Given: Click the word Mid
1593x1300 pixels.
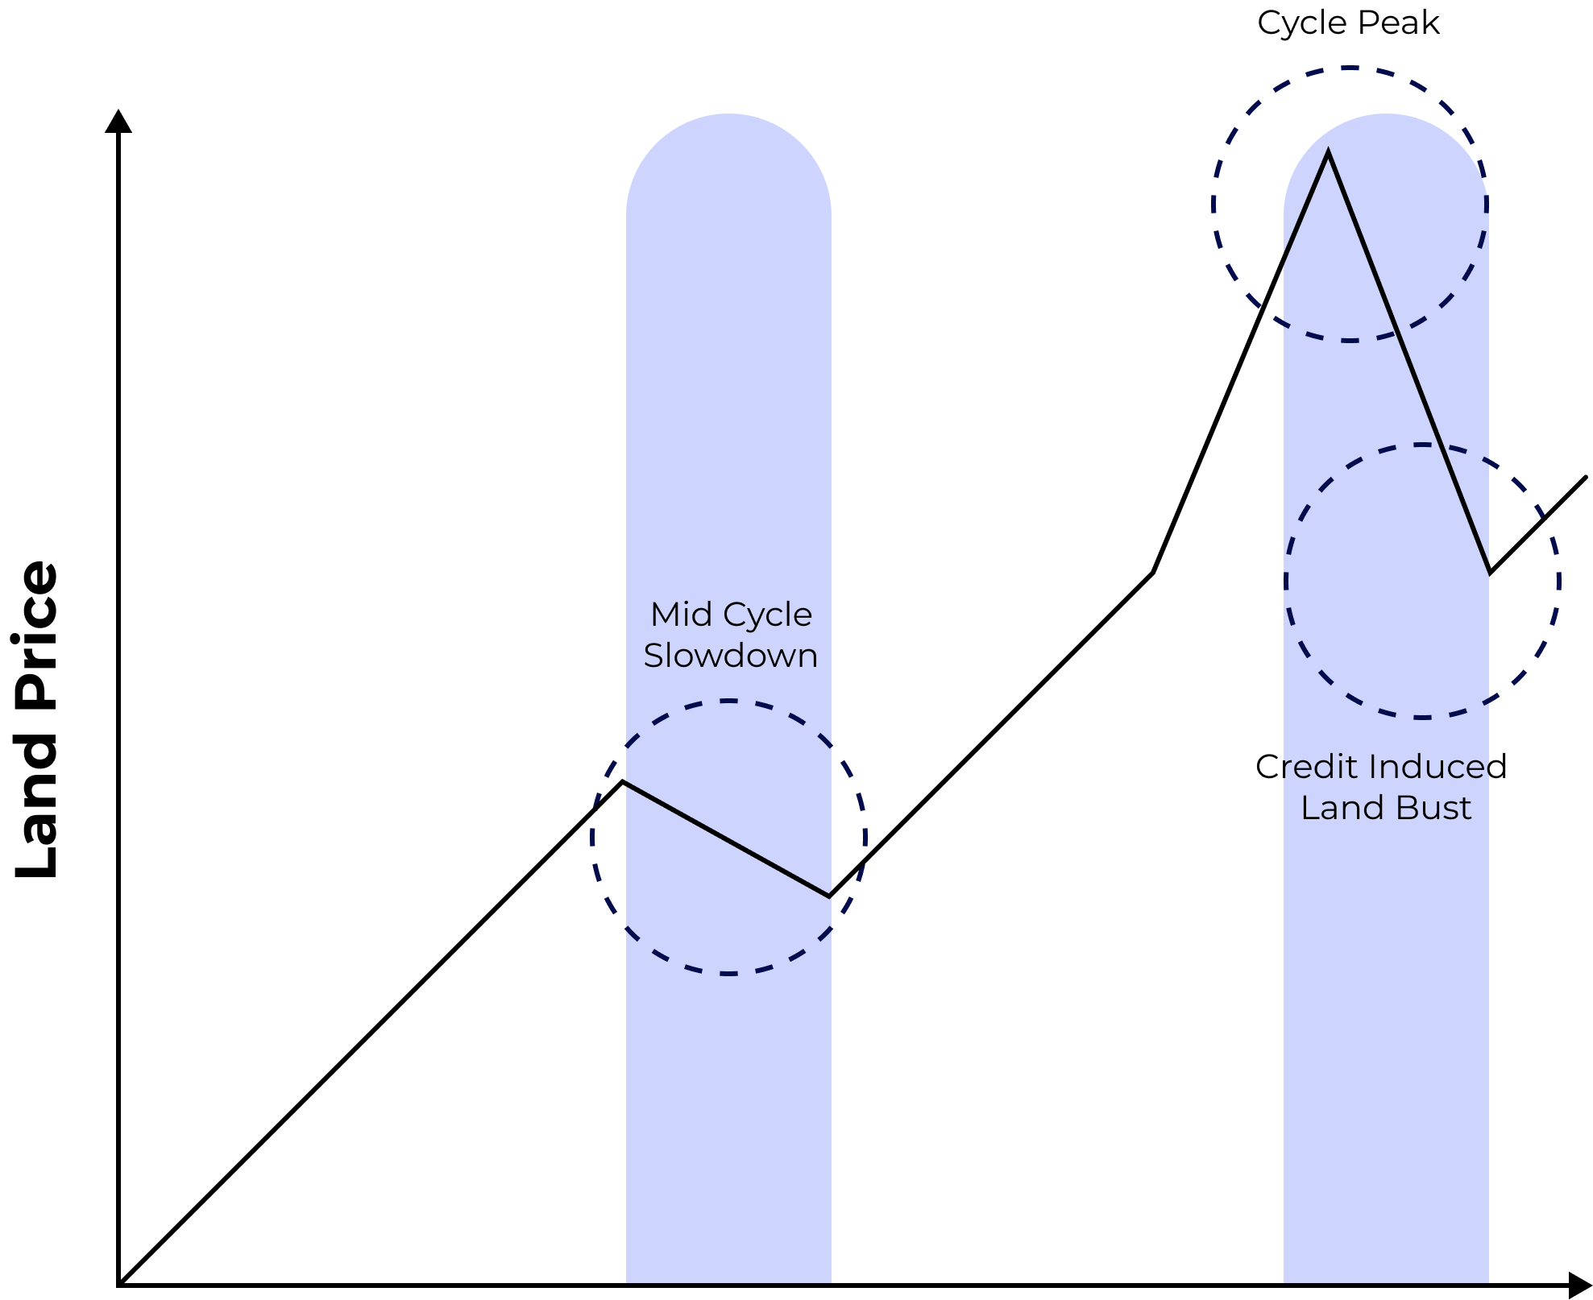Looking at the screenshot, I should (x=676, y=615).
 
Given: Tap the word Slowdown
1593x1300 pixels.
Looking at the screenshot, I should (x=730, y=656).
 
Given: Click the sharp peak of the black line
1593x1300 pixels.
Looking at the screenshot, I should (x=1328, y=152).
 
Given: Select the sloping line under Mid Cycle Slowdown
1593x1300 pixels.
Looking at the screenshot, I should (x=728, y=838).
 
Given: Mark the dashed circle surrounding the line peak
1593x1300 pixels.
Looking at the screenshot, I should (x=1215, y=205).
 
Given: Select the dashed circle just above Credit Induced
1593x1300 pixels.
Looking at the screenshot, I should (x=1422, y=716).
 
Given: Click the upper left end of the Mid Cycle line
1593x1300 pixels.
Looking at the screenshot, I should (x=628, y=783).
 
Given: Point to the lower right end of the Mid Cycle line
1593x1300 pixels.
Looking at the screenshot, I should (x=829, y=895).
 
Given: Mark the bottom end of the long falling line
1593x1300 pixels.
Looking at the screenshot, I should (x=1487, y=573).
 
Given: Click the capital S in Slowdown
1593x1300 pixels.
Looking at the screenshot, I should (x=653, y=656).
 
